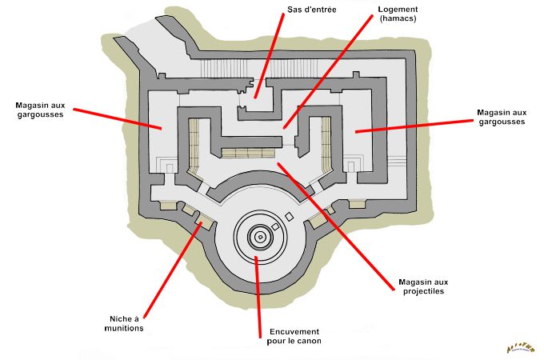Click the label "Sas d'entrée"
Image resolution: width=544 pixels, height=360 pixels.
(310, 12)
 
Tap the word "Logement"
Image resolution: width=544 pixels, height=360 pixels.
(398, 10)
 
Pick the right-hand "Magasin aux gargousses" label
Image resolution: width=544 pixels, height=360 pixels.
(501, 117)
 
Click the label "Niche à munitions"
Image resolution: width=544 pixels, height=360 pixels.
(125, 322)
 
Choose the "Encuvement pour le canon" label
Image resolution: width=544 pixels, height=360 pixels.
(294, 336)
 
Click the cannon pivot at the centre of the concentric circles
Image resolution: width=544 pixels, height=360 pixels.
(259, 236)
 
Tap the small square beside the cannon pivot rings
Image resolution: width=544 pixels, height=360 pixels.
(276, 227)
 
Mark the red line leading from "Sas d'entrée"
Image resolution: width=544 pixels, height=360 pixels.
(268, 56)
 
